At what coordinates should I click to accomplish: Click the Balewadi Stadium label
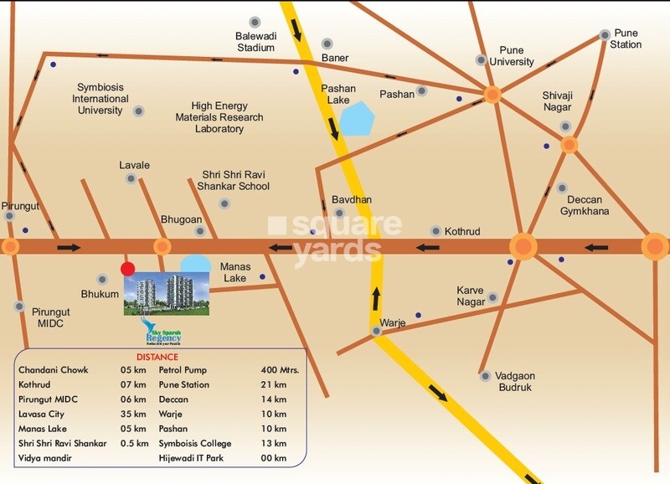tap(255, 42)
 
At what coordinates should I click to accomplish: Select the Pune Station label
tap(627, 39)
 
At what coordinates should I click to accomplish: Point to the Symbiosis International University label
tap(103, 98)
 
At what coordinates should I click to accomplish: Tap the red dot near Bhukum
tap(126, 269)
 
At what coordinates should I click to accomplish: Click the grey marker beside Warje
tap(378, 332)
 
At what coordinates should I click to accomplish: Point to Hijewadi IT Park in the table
tap(197, 459)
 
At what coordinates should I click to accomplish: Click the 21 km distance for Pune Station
tap(275, 384)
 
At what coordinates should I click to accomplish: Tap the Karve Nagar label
tap(471, 296)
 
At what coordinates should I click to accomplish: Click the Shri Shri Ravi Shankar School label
tap(234, 180)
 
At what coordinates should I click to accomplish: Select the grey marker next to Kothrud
tap(435, 230)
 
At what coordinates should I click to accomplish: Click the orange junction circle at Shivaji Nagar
tap(569, 145)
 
